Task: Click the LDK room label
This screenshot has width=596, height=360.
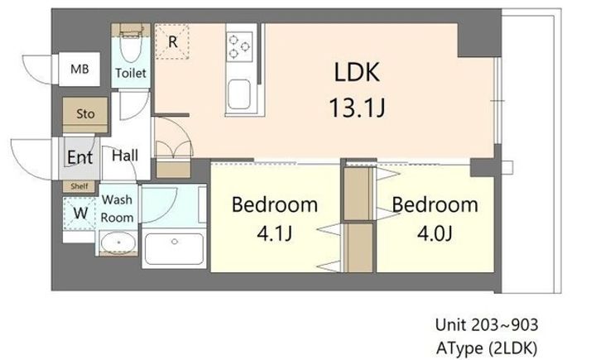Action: [357, 72]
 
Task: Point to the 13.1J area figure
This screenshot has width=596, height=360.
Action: [357, 108]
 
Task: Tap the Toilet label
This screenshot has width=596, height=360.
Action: [131, 73]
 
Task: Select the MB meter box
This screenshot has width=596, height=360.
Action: [79, 69]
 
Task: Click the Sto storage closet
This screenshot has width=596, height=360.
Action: [85, 114]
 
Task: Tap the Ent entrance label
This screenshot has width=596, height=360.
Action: [79, 157]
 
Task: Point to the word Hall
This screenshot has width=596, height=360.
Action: [125, 156]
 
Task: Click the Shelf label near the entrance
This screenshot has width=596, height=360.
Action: [79, 186]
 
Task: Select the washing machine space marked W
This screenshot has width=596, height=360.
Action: [79, 213]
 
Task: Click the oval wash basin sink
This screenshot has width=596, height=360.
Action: [118, 242]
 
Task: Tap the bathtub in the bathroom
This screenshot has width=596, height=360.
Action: [174, 248]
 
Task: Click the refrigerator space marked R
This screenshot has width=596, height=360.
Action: [172, 41]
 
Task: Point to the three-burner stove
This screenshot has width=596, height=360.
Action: [239, 46]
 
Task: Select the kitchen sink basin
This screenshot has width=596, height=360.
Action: [239, 94]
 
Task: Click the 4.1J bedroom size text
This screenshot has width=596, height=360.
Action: [275, 233]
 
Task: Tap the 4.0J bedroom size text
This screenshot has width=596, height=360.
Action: [435, 233]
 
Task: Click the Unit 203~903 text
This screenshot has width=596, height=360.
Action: [487, 325]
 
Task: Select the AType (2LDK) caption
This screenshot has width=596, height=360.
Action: [487, 348]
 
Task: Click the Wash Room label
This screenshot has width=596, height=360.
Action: [117, 209]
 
